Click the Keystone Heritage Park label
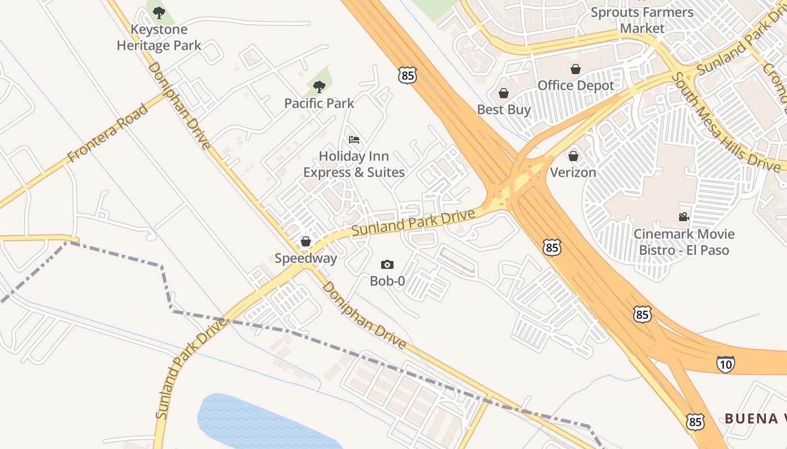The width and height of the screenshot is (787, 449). coord(159,37)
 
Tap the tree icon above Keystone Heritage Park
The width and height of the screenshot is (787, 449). coord(159,12)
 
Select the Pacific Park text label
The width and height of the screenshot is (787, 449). coord(319,103)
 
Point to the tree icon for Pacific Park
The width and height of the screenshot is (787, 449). coord(319,87)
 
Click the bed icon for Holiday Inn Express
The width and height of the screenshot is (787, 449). coord(354,140)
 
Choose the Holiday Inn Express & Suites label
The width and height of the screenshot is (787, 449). coord(354,164)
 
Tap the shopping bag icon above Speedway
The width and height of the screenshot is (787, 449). coord(306,241)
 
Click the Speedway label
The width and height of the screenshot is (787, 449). coord(306,258)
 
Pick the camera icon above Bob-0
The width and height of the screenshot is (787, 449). coord(387,264)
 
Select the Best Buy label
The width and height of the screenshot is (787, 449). coord(504,109)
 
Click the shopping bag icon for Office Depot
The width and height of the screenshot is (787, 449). coord(576,69)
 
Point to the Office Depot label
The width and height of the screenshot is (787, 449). coord(576,85)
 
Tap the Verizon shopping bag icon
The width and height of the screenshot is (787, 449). coord(573,156)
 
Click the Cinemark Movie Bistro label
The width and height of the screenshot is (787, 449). coord(684,241)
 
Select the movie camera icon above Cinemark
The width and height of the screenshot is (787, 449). coord(684,217)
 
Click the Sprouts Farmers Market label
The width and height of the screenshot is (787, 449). coord(642,20)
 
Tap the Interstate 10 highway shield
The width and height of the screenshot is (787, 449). coord(726,364)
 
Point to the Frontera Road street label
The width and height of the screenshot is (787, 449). coord(108,134)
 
